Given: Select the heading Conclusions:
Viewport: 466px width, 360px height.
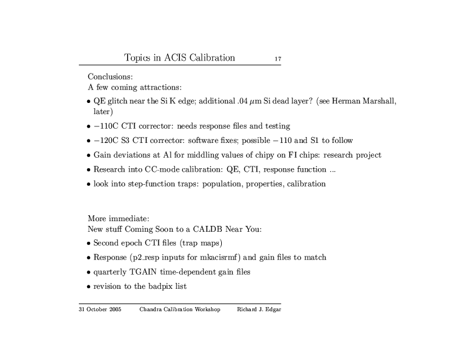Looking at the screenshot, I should [x=110, y=76].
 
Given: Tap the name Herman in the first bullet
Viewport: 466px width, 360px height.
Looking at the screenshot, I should [x=351, y=101].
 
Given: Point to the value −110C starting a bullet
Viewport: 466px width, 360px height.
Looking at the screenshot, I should [x=107, y=126].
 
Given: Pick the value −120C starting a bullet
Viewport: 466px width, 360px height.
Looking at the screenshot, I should [x=107, y=141].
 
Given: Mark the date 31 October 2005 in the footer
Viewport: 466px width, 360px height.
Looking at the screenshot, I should [x=100, y=310].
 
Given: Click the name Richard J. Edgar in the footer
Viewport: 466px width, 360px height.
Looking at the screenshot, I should [x=258, y=310].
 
